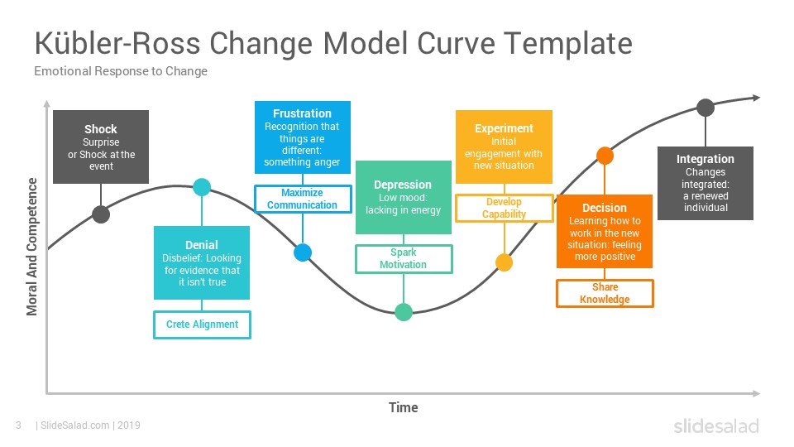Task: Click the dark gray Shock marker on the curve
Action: [x=101, y=214]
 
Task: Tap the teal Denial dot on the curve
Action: [x=202, y=187]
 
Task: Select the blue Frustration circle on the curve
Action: [x=303, y=252]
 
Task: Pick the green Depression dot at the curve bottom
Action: [x=403, y=312]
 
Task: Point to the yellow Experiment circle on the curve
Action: [x=504, y=262]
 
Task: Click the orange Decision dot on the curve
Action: [x=605, y=155]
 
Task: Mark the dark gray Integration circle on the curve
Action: [x=706, y=108]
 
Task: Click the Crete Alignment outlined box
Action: [x=202, y=324]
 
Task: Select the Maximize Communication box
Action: [x=303, y=199]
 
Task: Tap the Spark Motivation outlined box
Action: [x=404, y=258]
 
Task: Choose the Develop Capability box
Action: [x=504, y=208]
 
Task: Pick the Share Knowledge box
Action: [x=605, y=293]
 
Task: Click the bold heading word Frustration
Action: [x=303, y=113]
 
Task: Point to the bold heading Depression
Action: [x=403, y=185]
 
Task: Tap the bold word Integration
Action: [x=706, y=159]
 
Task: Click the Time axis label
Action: [x=404, y=407]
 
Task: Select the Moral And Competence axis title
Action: [x=32, y=247]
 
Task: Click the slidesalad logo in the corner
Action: [x=716, y=425]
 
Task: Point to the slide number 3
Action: [x=19, y=425]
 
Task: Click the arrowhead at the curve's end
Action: [x=757, y=98]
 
